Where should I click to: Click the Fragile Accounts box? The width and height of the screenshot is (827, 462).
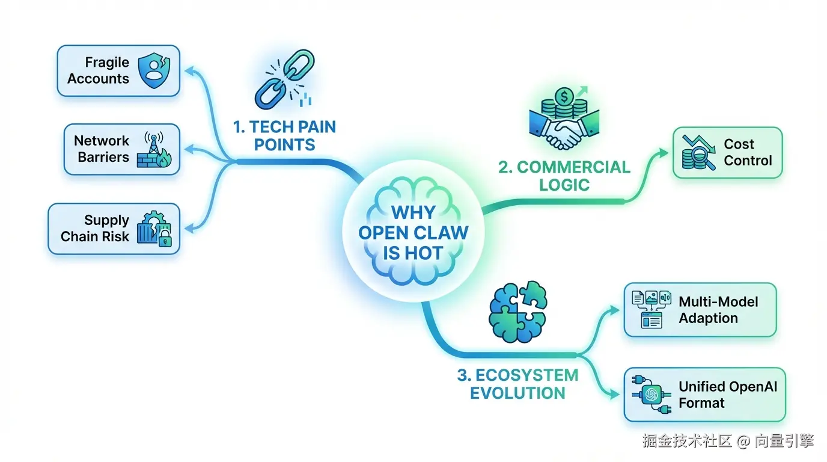click(x=118, y=71)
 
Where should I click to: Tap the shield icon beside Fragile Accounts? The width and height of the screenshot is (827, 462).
click(x=154, y=70)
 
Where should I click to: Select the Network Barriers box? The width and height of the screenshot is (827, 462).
click(x=122, y=149)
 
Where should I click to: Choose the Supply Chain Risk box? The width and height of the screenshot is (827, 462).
click(x=114, y=229)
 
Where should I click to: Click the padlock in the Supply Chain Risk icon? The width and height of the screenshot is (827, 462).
click(x=165, y=241)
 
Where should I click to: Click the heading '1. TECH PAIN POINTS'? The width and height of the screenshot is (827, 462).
click(x=284, y=136)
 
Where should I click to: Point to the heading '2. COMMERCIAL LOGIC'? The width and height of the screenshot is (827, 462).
click(x=564, y=176)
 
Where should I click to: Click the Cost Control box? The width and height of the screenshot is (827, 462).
click(x=727, y=153)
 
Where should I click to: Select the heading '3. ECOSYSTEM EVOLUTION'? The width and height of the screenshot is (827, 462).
click(x=517, y=384)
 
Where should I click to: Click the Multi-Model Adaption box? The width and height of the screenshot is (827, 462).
click(x=700, y=310)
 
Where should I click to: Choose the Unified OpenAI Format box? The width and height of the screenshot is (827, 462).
click(x=704, y=395)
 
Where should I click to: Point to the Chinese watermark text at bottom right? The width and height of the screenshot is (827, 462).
click(x=728, y=441)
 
